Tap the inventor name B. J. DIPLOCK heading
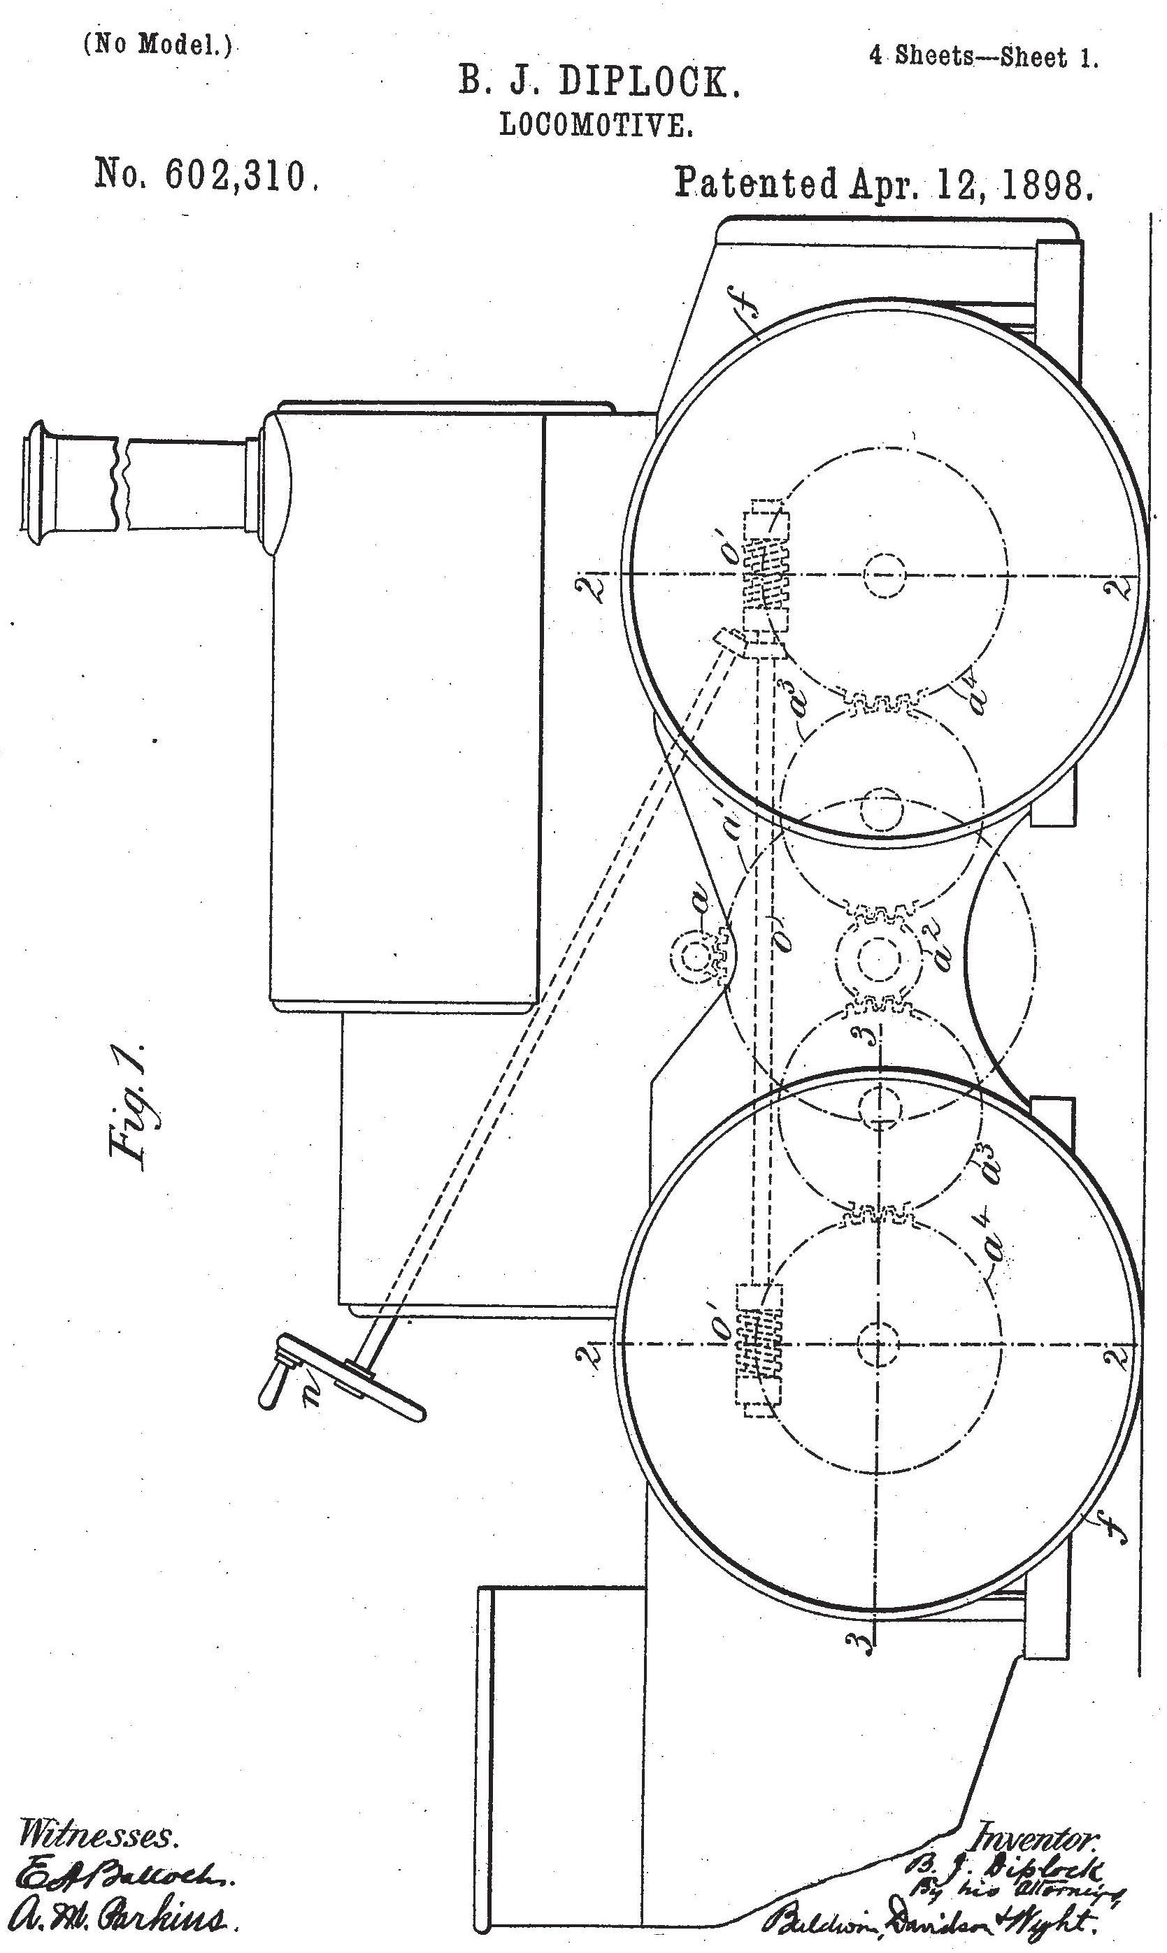pos(599,83)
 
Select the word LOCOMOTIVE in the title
pos(597,126)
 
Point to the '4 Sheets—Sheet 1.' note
pos(984,57)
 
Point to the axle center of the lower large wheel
pos(876,1346)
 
